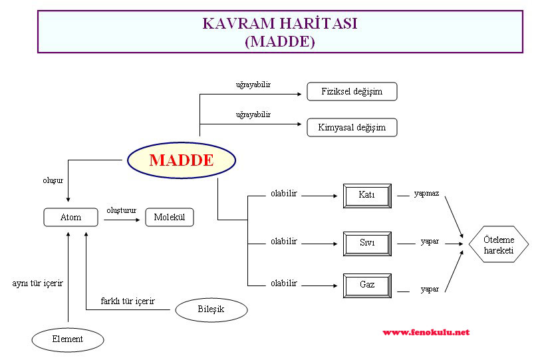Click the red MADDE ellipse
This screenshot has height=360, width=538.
click(x=181, y=160)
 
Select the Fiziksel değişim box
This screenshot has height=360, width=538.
click(x=352, y=91)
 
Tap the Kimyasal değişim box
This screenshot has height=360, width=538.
click(x=352, y=127)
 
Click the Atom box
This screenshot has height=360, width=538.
click(x=70, y=217)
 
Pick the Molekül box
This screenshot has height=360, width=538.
click(x=170, y=217)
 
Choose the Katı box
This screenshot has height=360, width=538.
click(x=366, y=196)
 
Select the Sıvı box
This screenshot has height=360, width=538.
click(x=366, y=244)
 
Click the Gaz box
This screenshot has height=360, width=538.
click(x=366, y=285)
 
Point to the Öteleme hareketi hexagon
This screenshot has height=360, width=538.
click(x=498, y=244)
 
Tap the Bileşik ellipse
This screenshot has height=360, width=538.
click(x=211, y=309)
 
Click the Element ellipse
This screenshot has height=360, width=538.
click(x=68, y=339)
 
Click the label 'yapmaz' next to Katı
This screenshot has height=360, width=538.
click(x=426, y=194)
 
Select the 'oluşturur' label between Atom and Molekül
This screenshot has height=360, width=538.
click(x=121, y=210)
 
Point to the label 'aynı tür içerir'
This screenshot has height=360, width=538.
click(x=38, y=283)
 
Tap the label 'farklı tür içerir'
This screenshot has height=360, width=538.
click(x=128, y=301)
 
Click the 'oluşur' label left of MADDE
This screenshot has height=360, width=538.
click(x=53, y=180)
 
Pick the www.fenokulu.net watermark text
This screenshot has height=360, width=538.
click(x=426, y=332)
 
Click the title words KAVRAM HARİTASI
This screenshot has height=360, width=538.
click(x=279, y=23)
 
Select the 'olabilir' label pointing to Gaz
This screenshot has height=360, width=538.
click(x=283, y=283)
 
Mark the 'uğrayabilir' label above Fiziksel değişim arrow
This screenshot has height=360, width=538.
click(x=253, y=85)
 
